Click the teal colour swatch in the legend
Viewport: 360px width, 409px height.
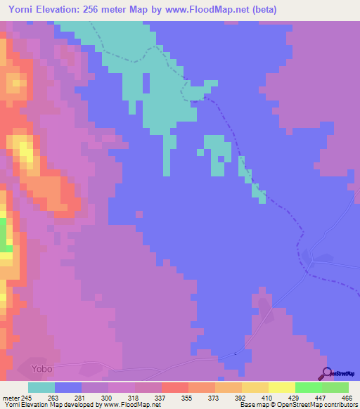tap(41, 387)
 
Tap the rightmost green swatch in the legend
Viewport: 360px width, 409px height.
tap(335, 387)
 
